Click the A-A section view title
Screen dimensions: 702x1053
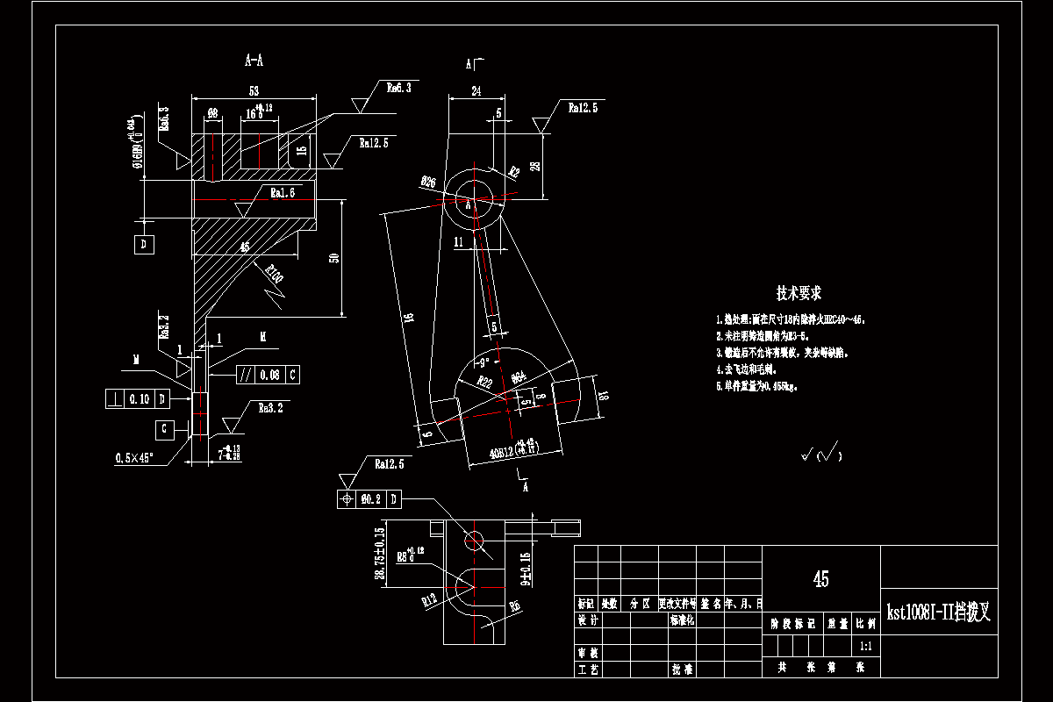[254, 61]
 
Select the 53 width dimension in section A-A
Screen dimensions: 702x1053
[254, 90]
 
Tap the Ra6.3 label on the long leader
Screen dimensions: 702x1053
[398, 88]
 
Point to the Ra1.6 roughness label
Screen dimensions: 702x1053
[283, 192]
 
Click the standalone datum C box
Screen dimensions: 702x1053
[165, 429]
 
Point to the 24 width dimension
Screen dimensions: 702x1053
[476, 90]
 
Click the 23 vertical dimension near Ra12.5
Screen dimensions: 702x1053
[536, 166]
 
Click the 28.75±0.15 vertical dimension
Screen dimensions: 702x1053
[380, 555]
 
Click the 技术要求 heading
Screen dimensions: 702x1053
[798, 293]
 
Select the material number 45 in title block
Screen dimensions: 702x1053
[820, 579]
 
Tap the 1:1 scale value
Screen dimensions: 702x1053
[865, 646]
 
